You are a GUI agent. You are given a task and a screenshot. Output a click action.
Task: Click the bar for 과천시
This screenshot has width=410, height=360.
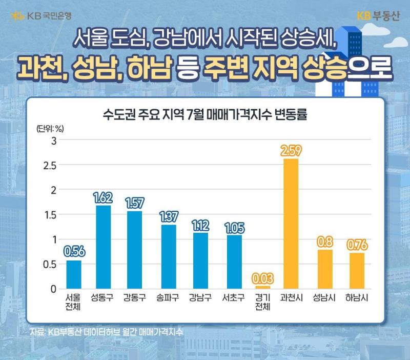(291, 224)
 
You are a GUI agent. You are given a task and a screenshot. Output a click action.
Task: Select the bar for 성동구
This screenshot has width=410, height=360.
(104, 247)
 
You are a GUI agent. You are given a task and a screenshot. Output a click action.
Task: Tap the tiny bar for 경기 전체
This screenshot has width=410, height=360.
(263, 287)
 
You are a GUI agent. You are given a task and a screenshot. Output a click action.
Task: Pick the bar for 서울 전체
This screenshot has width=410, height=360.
(74, 275)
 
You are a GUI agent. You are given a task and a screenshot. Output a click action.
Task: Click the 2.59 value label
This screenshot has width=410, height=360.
(291, 151)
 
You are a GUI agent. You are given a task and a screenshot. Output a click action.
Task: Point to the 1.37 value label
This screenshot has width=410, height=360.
(169, 217)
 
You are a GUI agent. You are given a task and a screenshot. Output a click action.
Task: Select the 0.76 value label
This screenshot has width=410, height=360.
(357, 245)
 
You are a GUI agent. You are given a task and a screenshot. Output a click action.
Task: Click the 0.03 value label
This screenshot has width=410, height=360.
(263, 278)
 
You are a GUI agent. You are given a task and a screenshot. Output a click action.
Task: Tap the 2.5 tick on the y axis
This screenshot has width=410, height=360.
(50, 166)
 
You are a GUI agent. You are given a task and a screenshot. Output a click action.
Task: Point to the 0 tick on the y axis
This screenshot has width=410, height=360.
(54, 289)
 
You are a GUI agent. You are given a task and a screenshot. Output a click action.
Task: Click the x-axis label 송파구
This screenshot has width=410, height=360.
(168, 297)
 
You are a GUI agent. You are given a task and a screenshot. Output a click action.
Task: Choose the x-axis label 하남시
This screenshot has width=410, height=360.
(357, 297)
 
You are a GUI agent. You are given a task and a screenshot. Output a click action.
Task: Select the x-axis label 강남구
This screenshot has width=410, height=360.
(200, 297)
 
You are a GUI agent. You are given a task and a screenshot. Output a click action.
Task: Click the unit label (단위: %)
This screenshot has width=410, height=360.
(50, 128)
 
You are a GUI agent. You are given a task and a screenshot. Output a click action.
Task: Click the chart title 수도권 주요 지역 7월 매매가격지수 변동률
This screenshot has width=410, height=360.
(204, 114)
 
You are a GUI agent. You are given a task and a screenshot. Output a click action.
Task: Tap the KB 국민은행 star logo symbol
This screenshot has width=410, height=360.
(17, 16)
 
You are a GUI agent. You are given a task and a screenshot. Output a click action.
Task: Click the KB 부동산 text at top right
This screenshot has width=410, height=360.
(378, 16)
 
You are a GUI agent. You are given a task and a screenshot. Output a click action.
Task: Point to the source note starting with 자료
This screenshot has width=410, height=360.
(107, 332)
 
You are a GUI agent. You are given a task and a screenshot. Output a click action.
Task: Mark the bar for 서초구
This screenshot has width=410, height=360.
(234, 262)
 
